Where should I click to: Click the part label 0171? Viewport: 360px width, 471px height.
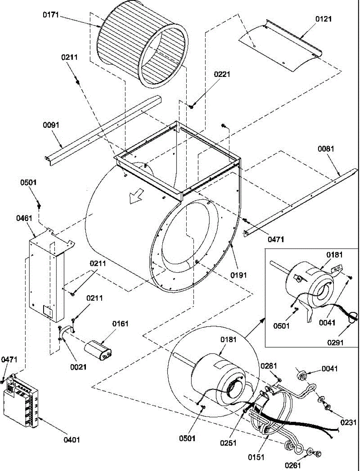51,15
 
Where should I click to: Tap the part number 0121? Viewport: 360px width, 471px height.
324,19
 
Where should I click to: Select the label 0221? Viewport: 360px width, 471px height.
222,75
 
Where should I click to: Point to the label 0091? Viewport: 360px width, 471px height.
51,125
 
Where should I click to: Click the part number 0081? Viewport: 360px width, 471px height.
326,149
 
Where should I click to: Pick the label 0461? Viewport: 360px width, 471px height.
24,219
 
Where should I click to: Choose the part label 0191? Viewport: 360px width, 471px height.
238,275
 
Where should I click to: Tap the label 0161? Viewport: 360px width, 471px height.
120,323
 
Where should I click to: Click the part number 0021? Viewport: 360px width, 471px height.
78,367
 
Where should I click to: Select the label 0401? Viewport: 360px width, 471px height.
72,440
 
